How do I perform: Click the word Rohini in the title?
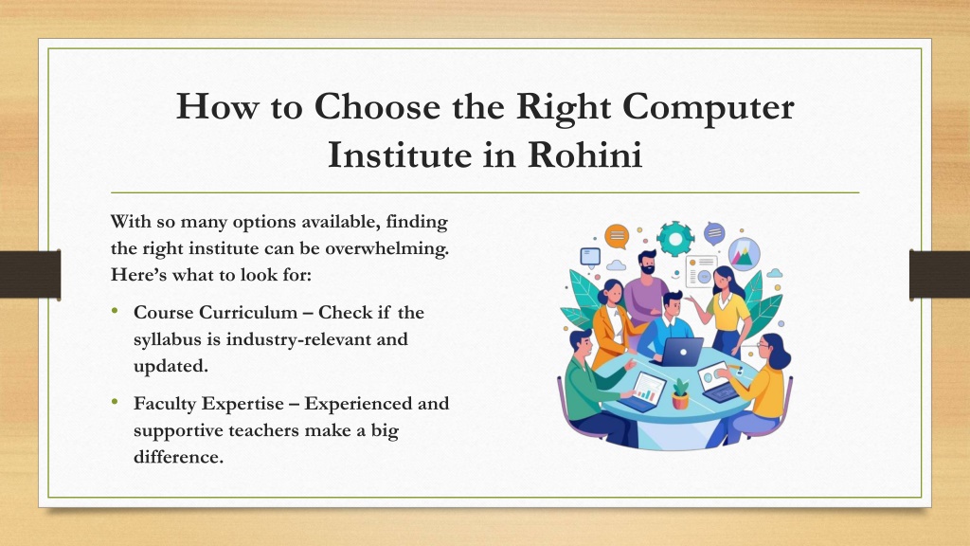584,155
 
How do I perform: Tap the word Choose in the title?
378,106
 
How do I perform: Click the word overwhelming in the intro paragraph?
386,249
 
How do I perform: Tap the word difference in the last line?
178,457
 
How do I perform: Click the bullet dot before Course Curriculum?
115,310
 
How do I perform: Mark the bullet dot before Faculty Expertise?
115,401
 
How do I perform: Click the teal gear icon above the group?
674,238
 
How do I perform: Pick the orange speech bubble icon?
617,236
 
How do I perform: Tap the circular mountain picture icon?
744,254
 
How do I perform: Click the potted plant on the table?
680,393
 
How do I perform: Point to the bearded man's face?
648,264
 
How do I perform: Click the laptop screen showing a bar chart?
648,388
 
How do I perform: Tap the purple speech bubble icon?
714,233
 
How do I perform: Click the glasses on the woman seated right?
763,345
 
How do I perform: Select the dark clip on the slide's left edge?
30,275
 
